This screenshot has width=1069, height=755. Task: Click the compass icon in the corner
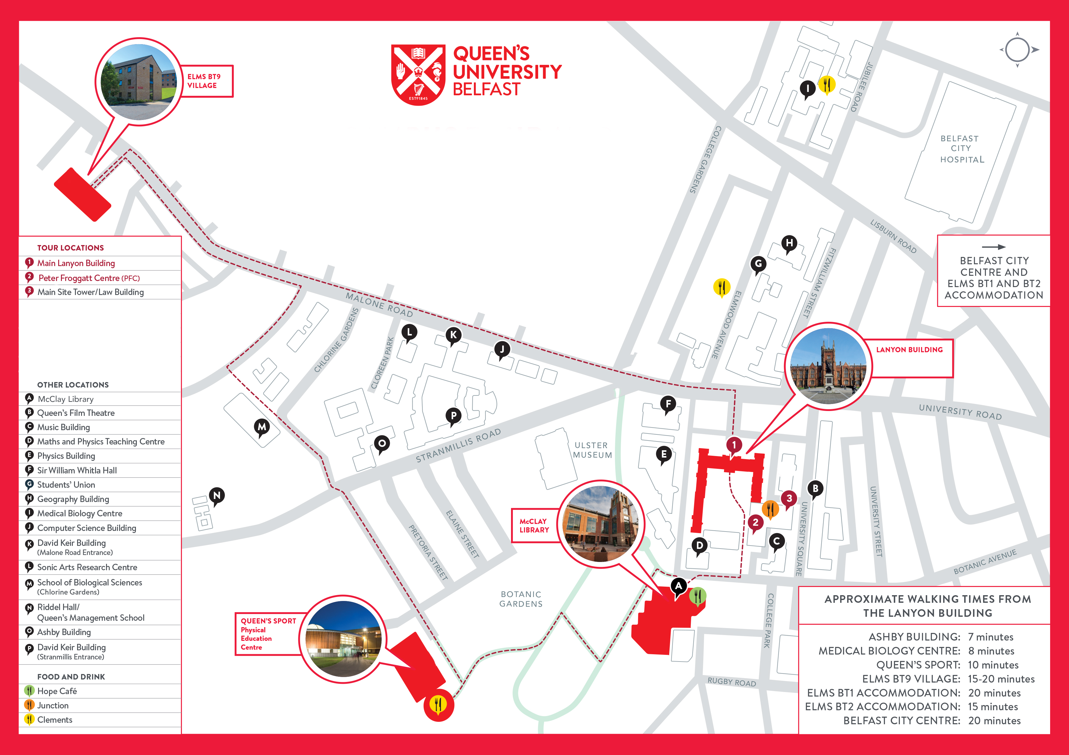[x=1017, y=50]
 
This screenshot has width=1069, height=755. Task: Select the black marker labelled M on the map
[x=262, y=427]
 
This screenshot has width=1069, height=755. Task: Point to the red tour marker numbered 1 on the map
[x=734, y=445]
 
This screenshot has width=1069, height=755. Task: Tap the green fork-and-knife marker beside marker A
[x=698, y=596]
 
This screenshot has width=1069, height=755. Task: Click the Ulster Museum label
[x=592, y=450]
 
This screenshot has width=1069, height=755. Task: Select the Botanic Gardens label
[x=521, y=599]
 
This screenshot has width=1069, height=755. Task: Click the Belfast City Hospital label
[x=961, y=149]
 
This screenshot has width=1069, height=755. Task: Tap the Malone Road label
[x=379, y=305]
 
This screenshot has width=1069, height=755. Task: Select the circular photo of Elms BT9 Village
[x=139, y=82]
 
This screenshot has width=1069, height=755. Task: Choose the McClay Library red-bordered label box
[x=534, y=526]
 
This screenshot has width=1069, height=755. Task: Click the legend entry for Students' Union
[x=66, y=485]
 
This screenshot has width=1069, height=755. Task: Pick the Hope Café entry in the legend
[x=57, y=691]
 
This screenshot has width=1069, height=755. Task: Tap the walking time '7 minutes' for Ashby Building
[x=990, y=637]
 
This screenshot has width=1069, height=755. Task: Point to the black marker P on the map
[x=453, y=416]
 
